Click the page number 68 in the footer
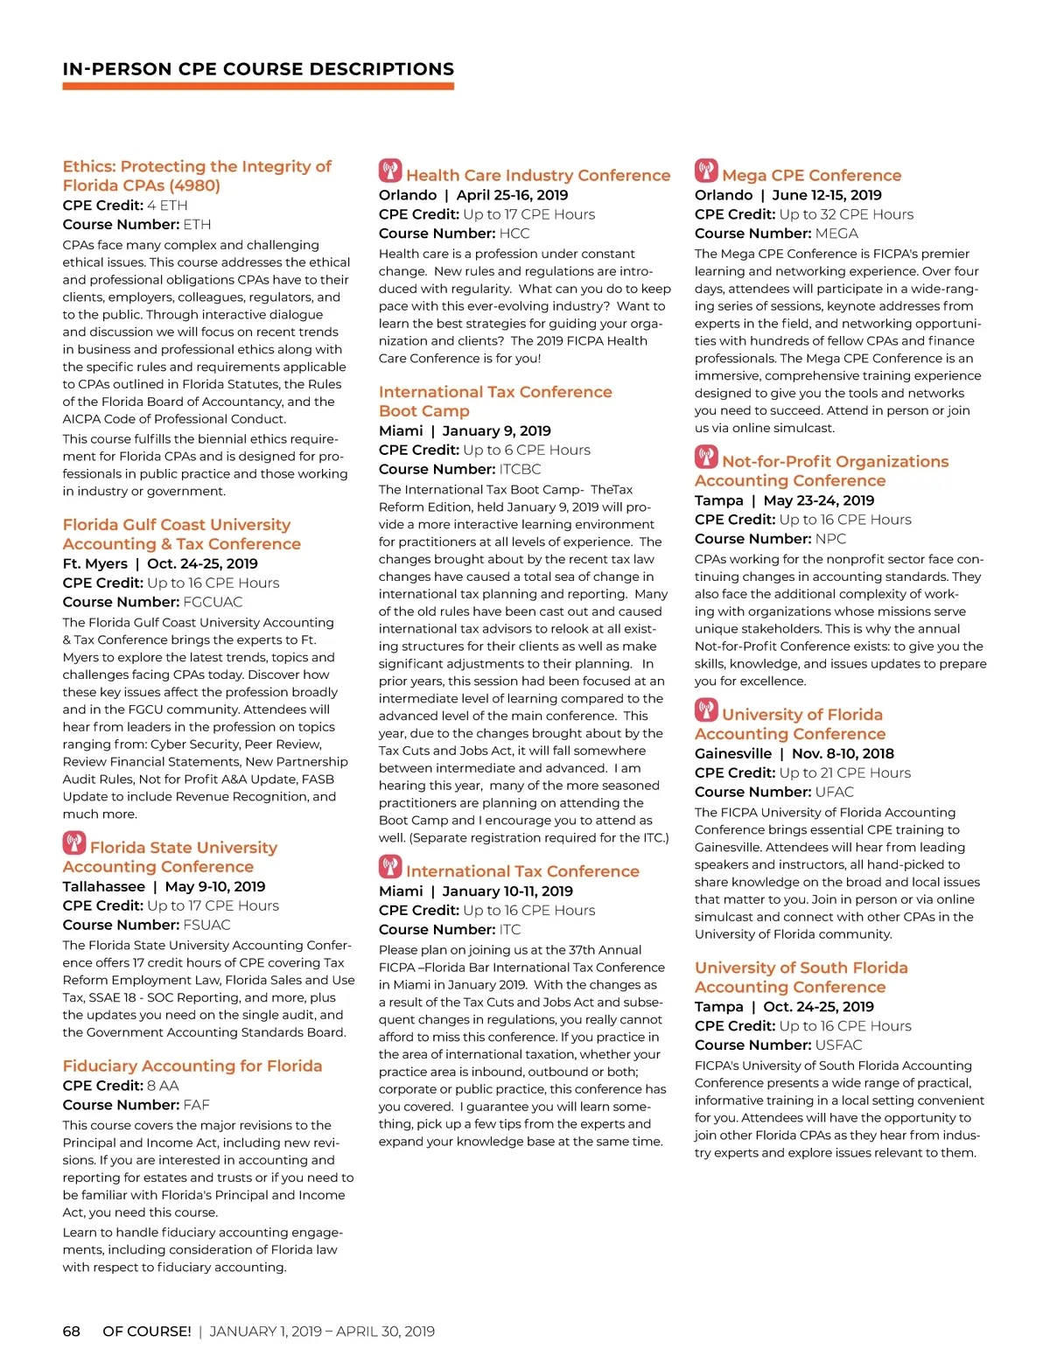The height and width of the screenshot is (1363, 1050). pos(71,1332)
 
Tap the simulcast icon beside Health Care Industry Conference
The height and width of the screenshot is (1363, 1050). pos(390,170)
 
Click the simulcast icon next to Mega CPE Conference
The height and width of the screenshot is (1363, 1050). pos(706,170)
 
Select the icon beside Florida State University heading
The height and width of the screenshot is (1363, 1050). pos(74,842)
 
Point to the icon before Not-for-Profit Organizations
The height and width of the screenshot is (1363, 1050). pos(706,456)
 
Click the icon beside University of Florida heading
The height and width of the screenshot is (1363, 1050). pos(706,709)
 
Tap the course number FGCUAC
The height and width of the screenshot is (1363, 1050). pos(213,602)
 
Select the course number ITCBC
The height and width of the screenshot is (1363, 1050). pos(520,469)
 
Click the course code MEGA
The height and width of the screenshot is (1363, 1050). pos(836,234)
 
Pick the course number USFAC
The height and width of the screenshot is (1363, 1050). pos(838,1045)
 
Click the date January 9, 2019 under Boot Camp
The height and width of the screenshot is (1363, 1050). pos(496,430)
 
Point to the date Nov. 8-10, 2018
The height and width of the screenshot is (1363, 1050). pos(843,753)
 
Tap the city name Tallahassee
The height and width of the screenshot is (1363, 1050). pos(103,886)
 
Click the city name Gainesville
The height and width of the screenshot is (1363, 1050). pos(733,753)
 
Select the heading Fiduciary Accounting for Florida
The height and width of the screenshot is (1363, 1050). pos(192,1066)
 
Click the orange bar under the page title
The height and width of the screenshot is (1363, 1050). pos(258,87)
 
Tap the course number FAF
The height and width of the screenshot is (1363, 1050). pos(196,1105)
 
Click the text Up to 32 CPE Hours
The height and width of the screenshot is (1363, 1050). pos(846,214)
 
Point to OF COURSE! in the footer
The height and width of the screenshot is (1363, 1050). pos(147,1332)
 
